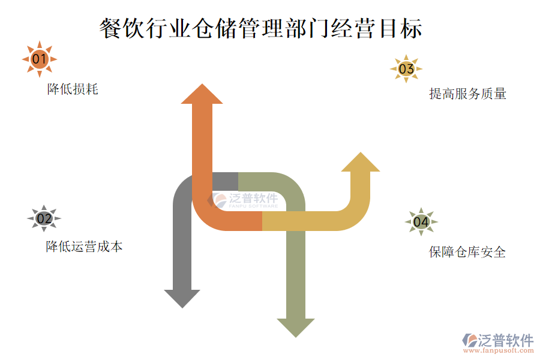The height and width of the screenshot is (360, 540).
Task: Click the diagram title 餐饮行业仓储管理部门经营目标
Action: click(261, 28)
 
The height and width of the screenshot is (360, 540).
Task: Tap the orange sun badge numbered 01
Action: click(39, 59)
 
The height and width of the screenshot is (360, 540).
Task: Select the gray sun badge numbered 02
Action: click(44, 218)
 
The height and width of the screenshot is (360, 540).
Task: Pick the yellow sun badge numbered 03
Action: click(406, 68)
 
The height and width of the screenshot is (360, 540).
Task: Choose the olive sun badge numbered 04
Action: click(421, 221)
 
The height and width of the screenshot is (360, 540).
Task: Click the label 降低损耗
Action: click(73, 89)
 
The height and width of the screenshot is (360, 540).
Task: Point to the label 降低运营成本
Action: click(84, 247)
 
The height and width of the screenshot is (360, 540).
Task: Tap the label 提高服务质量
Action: click(467, 94)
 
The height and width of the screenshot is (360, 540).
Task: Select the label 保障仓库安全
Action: click(467, 252)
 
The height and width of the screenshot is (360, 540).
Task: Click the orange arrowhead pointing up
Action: click(202, 94)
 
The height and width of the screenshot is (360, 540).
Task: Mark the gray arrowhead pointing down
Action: click(182, 298)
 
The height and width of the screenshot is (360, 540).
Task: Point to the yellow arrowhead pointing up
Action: click(361, 162)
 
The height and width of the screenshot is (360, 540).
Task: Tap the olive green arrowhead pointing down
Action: click(295, 328)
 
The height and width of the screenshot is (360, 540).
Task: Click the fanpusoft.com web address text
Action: click(499, 350)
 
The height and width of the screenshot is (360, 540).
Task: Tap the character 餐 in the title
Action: click(110, 28)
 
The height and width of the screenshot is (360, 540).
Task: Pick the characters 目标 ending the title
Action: click(401, 28)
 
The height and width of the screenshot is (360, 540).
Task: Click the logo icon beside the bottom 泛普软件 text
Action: click(470, 340)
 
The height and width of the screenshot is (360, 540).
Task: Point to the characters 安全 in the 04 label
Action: click(493, 252)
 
